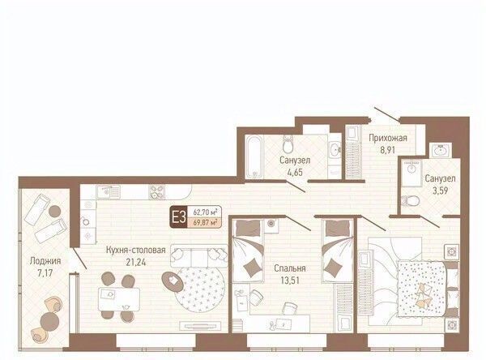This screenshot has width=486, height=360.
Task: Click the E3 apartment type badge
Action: pos(178,216)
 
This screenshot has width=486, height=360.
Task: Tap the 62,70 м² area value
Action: pos(204,212)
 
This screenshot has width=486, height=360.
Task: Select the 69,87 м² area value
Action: pos(204,222)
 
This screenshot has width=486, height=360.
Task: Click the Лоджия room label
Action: pos(45,261)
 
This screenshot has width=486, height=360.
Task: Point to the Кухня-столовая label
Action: pos(136,250)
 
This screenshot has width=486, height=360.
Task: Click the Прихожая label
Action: pos(388,138)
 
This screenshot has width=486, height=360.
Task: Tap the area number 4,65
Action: pos(295,172)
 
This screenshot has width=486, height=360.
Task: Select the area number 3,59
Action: pos(440,190)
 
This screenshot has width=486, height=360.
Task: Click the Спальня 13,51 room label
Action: pos(290,274)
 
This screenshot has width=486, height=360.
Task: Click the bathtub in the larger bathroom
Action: pos(254,157)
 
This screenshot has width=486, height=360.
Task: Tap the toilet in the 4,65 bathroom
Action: pos(288,144)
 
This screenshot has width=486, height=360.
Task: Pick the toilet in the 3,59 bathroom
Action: pos(410,201)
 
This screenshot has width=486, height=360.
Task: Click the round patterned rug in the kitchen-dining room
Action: pos(200,287)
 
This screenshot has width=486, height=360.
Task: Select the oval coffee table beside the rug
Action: pos(173,281)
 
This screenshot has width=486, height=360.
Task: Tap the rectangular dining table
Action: pos(119,299)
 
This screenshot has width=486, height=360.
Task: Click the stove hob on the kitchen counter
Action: pos(156,192)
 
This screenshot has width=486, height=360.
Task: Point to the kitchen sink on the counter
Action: pos(107,192)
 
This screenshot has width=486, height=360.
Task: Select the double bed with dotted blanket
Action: pos(422,289)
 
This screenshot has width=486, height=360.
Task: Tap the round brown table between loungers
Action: pos(55,211)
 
